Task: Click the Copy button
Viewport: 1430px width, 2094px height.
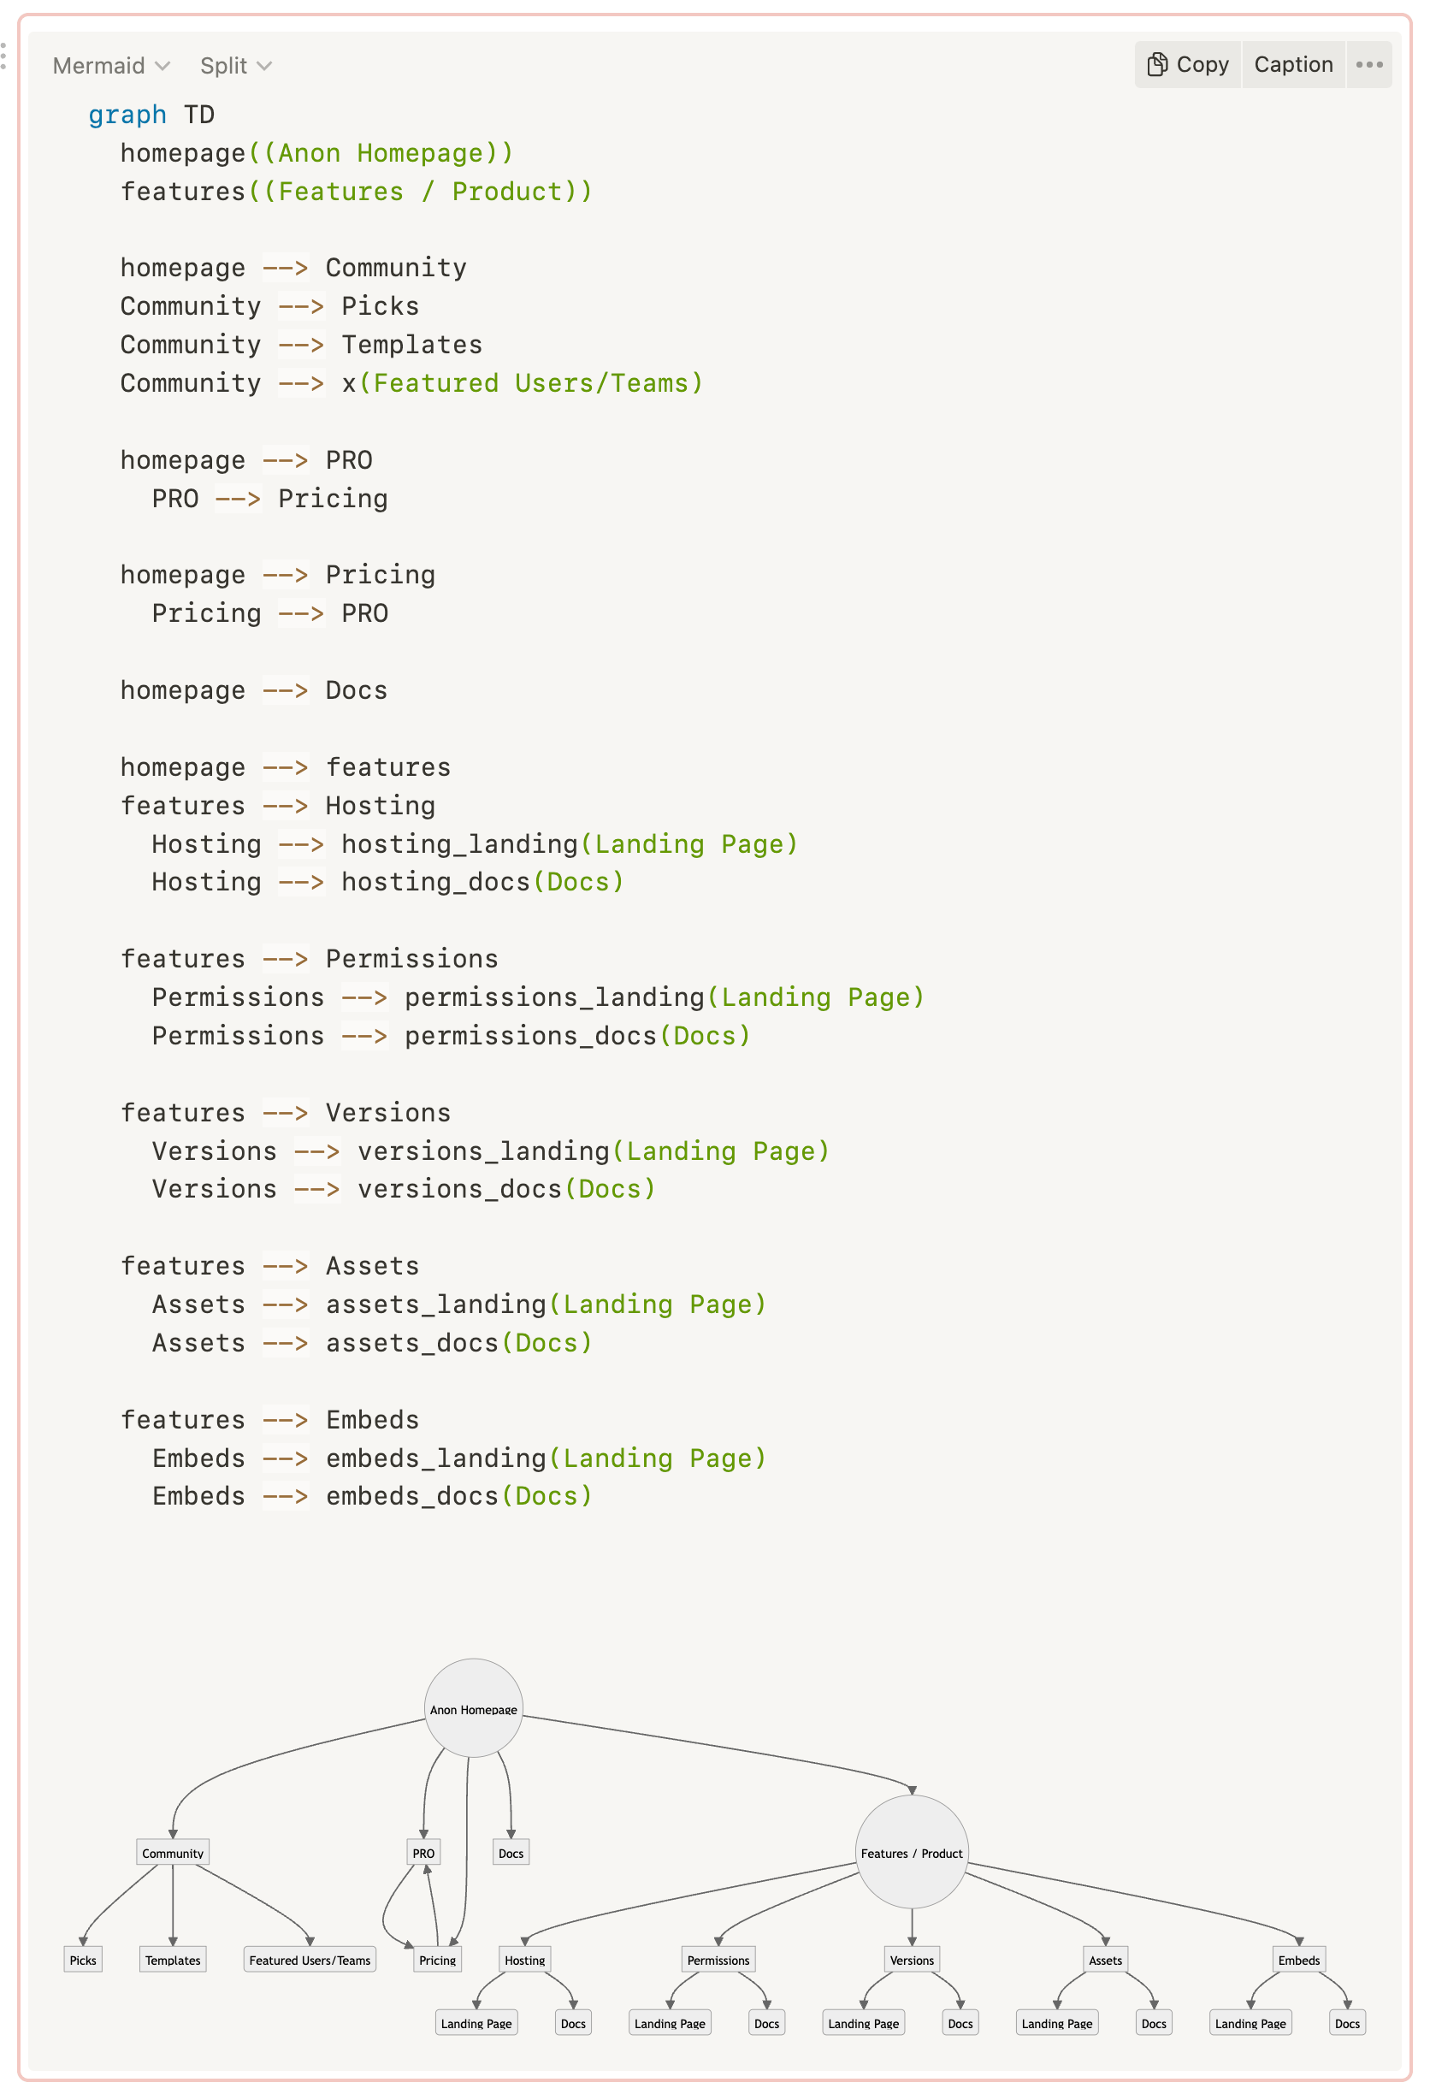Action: click(1187, 65)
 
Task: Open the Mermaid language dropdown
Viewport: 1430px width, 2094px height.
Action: click(111, 66)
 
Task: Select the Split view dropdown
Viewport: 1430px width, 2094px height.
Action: click(235, 66)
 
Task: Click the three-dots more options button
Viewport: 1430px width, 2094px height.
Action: click(1368, 65)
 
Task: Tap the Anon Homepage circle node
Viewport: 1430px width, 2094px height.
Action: click(473, 1707)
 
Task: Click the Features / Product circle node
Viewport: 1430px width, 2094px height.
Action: click(911, 1852)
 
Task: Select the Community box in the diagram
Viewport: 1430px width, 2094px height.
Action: click(172, 1853)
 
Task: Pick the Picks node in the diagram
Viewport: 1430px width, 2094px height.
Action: click(83, 1959)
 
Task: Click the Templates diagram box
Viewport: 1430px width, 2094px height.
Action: click(172, 1959)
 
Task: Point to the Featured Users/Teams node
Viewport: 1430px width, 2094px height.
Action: click(309, 1959)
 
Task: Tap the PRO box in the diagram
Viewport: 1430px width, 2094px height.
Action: click(422, 1853)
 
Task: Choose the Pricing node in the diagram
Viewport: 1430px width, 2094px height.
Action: click(437, 1959)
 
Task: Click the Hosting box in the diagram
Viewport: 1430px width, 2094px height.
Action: click(524, 1959)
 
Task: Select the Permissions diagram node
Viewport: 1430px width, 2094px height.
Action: click(718, 1959)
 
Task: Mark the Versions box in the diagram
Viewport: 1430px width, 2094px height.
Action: click(911, 1959)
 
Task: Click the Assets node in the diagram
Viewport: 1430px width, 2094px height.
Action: click(1105, 1959)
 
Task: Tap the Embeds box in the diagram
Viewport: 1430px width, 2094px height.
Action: click(1297, 1959)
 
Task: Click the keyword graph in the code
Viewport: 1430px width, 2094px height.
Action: click(127, 115)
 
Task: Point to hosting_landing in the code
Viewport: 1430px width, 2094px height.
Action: click(458, 843)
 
